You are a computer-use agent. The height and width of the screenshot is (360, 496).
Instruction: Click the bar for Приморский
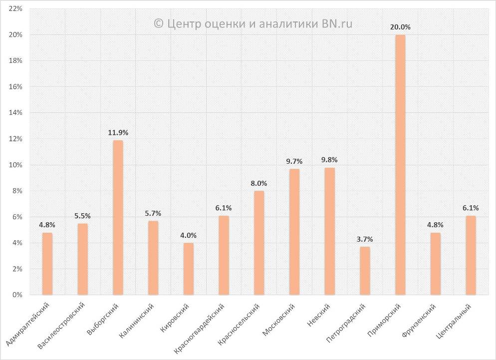click(400, 165)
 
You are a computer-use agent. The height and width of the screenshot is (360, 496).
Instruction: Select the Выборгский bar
click(118, 218)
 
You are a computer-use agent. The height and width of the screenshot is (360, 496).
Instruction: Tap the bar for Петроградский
click(365, 271)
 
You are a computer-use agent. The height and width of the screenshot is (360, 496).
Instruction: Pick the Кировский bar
click(189, 269)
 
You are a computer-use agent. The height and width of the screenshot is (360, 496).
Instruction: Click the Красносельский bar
click(259, 243)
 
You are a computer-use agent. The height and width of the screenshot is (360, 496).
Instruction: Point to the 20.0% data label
click(400, 27)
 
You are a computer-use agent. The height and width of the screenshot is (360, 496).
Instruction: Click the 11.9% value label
click(118, 133)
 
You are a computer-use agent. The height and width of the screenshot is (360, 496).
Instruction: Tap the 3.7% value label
click(365, 239)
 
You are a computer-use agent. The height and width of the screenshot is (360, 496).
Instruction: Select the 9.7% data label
click(294, 161)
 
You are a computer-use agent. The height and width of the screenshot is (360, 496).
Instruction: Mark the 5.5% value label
click(82, 216)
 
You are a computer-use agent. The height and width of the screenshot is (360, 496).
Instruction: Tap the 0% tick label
click(17, 295)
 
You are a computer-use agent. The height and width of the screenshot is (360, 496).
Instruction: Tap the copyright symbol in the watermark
click(159, 23)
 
